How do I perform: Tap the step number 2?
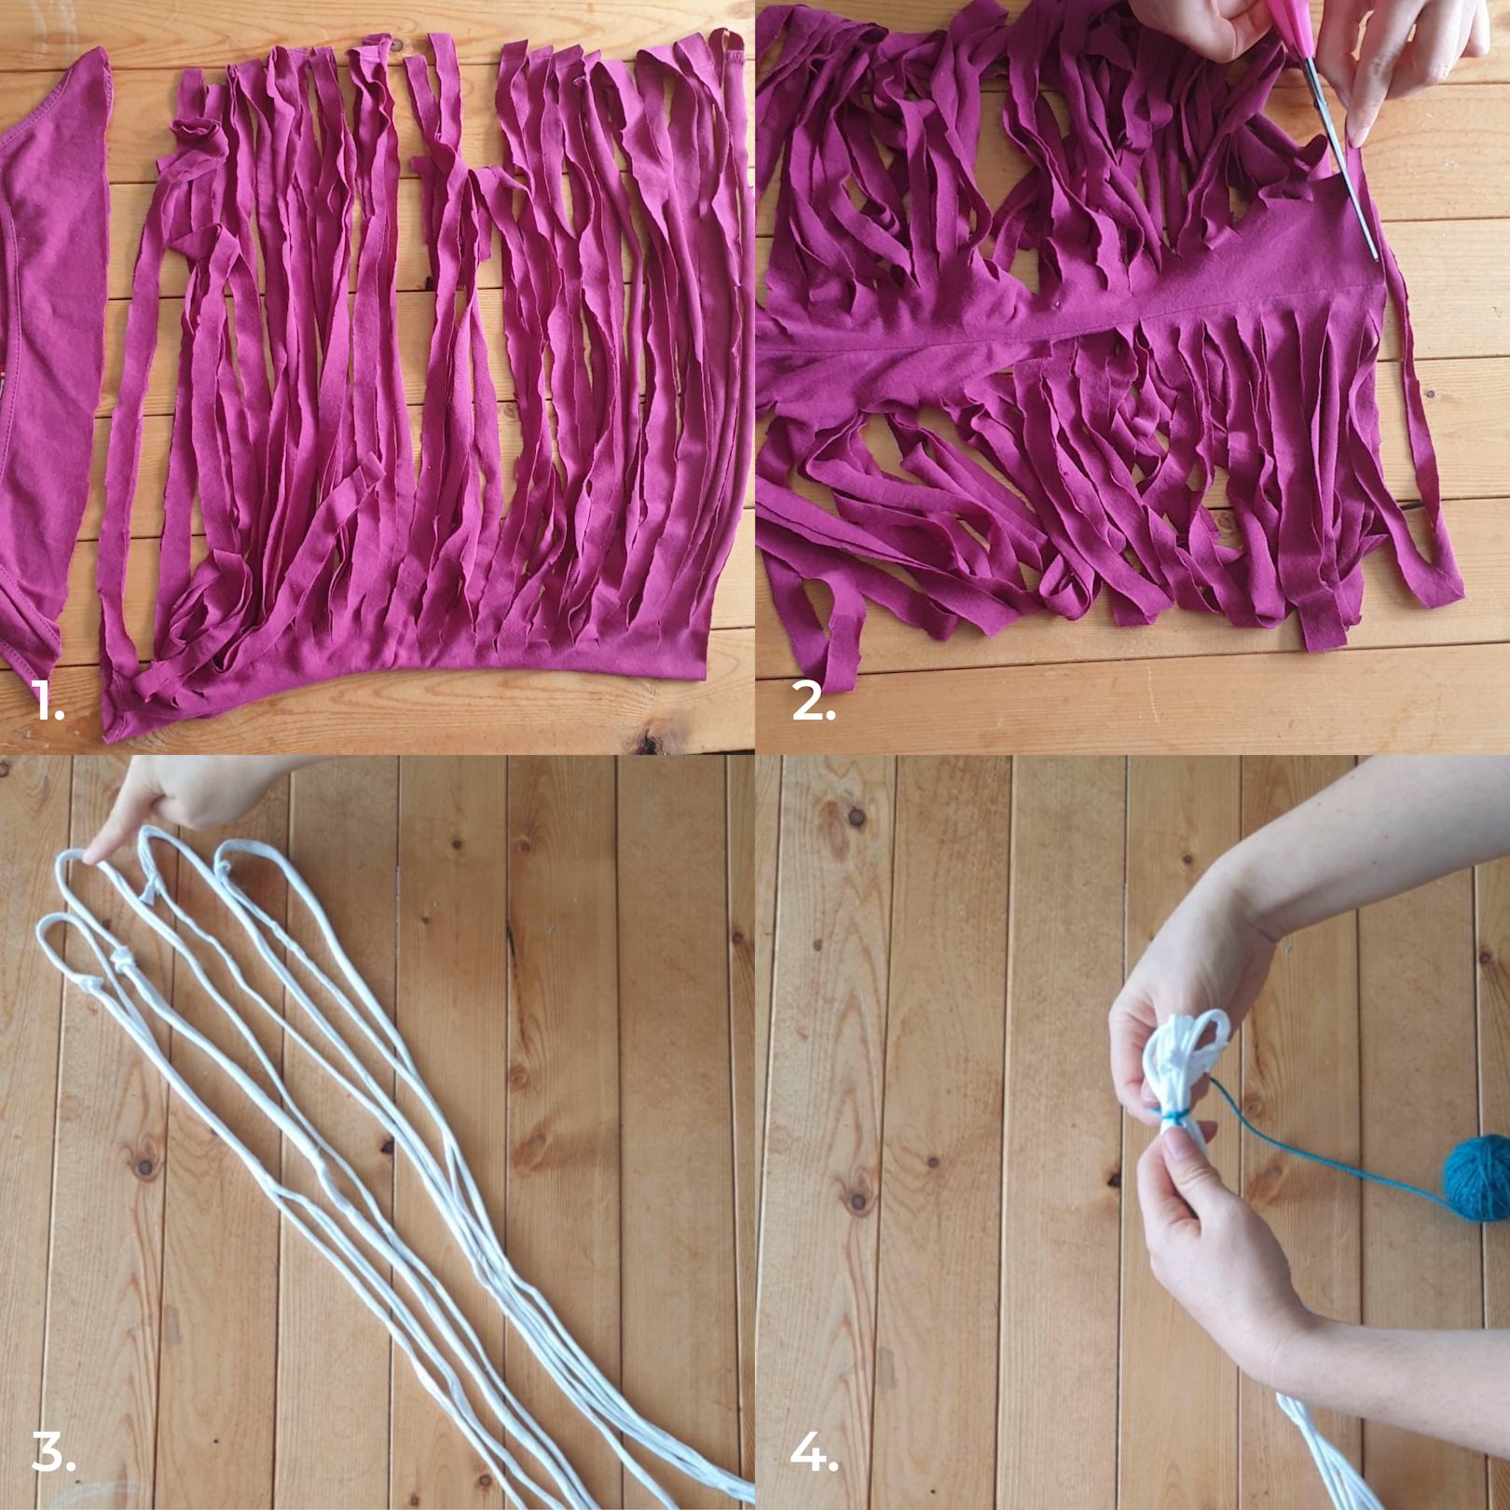pos(813,702)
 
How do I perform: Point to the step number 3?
pos(53,1453)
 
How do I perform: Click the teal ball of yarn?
pos(1476,1171)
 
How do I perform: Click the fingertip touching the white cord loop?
pos(93,848)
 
